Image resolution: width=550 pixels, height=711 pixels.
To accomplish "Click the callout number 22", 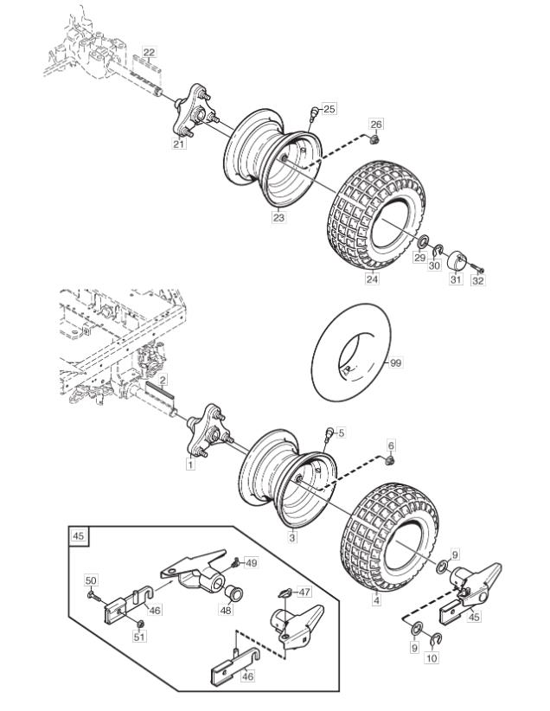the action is point(150,52).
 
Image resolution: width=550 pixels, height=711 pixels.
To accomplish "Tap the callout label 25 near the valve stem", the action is point(329,109).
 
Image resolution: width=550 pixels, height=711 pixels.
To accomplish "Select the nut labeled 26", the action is point(374,139).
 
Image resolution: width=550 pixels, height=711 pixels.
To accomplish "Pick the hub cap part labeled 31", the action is point(457,259).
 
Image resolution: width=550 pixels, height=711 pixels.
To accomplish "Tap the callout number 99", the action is point(395,363).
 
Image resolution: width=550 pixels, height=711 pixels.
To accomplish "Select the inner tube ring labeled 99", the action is point(351,352).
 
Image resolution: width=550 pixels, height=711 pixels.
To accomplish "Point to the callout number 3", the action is point(292,538).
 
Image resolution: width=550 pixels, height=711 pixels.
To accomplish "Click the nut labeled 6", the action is point(389,461).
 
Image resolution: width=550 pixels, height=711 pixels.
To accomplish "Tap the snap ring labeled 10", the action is point(436,639).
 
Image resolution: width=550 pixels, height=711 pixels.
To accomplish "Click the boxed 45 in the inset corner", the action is point(79,535).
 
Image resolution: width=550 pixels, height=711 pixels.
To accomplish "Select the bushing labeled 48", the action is point(235,593).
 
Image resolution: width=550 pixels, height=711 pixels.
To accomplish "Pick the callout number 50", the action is point(91,580).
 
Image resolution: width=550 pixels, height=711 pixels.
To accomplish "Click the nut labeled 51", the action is point(140,624).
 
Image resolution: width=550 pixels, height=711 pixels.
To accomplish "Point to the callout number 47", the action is point(304,592).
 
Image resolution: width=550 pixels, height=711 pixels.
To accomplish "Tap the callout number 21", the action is point(179,144).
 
